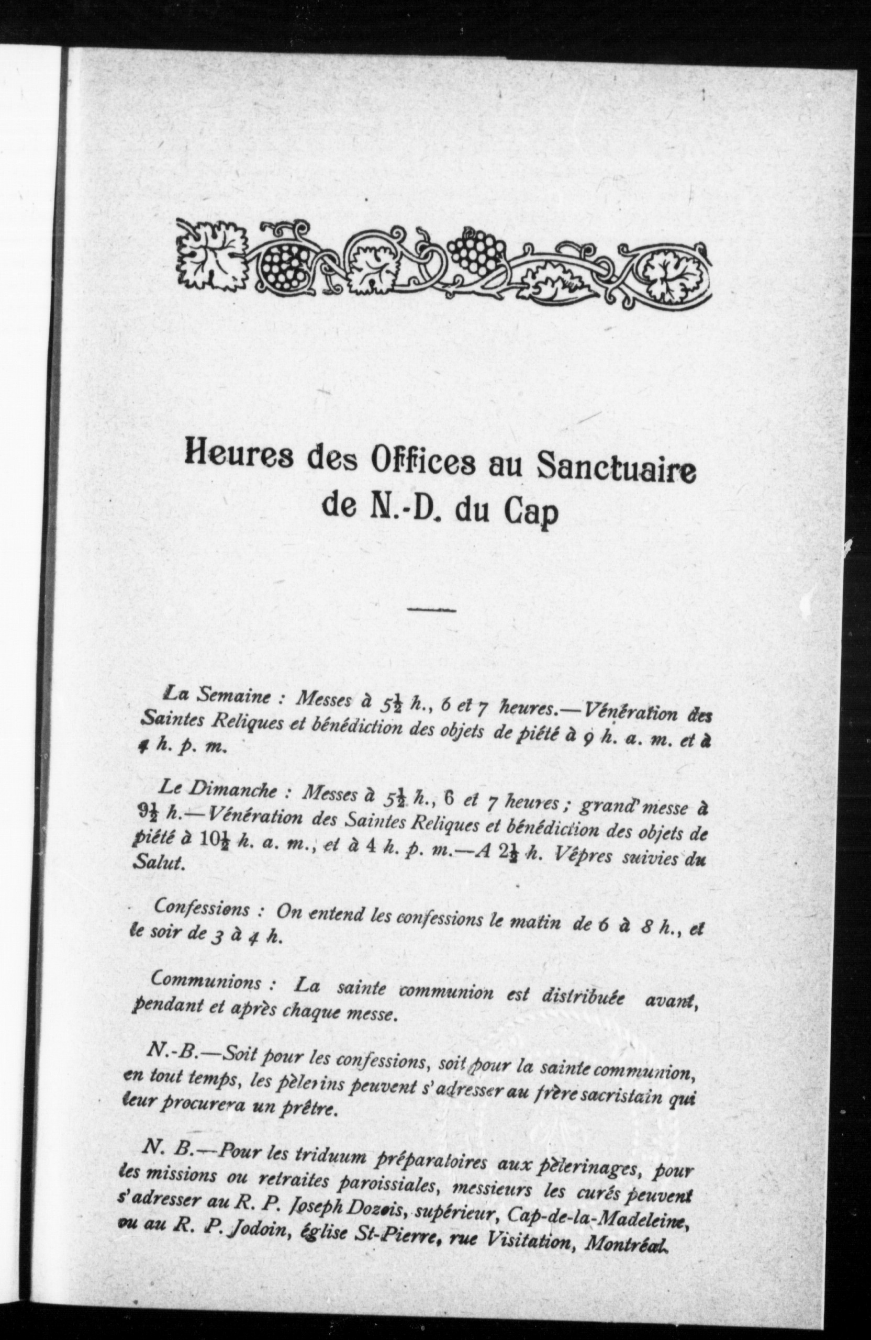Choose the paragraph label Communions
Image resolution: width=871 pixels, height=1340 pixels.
[206, 981]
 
